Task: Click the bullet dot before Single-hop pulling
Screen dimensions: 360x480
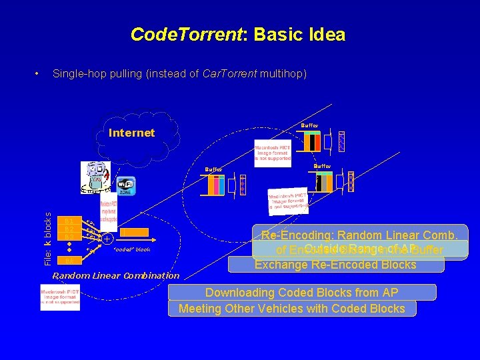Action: click(40, 73)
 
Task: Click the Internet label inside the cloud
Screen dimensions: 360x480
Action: click(131, 133)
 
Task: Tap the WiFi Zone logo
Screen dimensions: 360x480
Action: click(126, 185)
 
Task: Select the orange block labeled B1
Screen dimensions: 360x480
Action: click(69, 221)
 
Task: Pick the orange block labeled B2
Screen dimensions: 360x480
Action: click(69, 229)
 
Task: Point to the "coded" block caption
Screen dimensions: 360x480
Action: click(133, 250)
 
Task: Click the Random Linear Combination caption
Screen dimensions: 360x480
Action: click(116, 275)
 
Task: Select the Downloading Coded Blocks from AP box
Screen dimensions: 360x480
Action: click(302, 293)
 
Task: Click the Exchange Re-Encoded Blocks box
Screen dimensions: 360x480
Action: click(335, 265)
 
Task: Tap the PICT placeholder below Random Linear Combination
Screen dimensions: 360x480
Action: click(60, 297)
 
